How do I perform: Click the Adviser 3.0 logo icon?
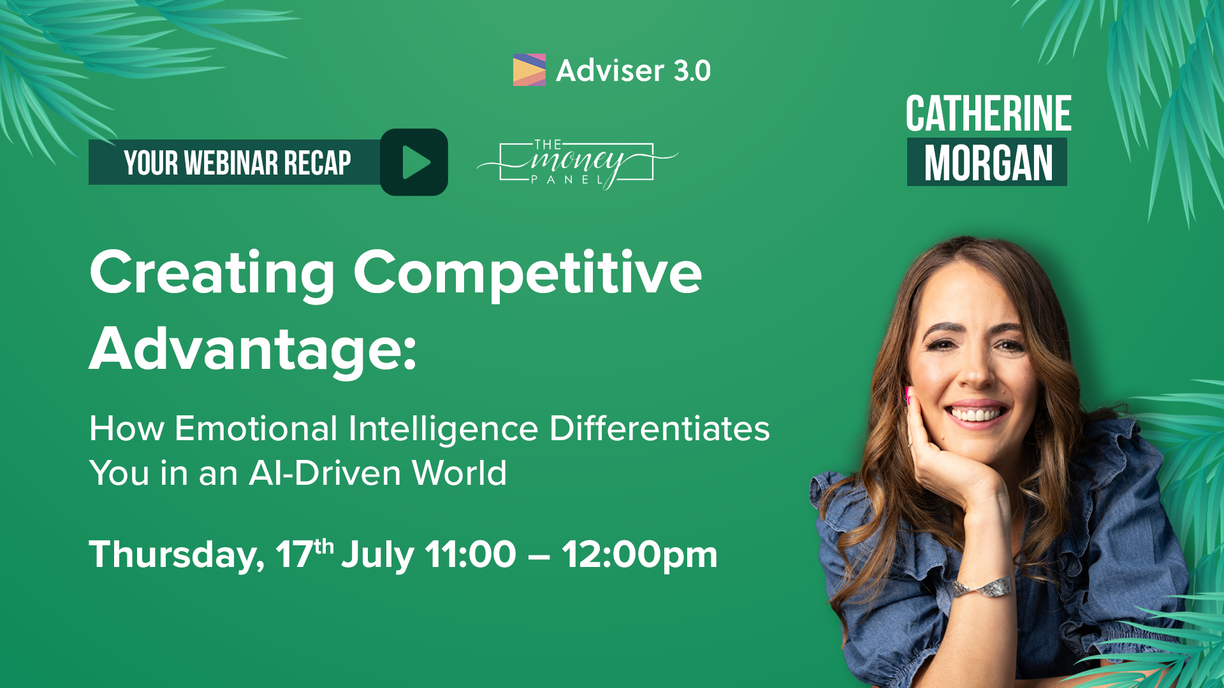point(529,70)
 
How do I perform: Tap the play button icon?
point(414,162)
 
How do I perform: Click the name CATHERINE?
point(988,113)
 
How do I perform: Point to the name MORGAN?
point(988,163)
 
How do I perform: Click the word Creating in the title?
point(212,273)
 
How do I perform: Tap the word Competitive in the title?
point(528,273)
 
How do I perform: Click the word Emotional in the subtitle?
point(256,428)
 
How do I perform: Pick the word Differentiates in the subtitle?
point(660,428)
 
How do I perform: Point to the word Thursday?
point(177,555)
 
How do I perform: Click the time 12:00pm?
point(639,554)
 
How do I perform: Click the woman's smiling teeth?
point(975,415)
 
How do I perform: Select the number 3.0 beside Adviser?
point(692,71)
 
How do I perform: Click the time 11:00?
point(470,554)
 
